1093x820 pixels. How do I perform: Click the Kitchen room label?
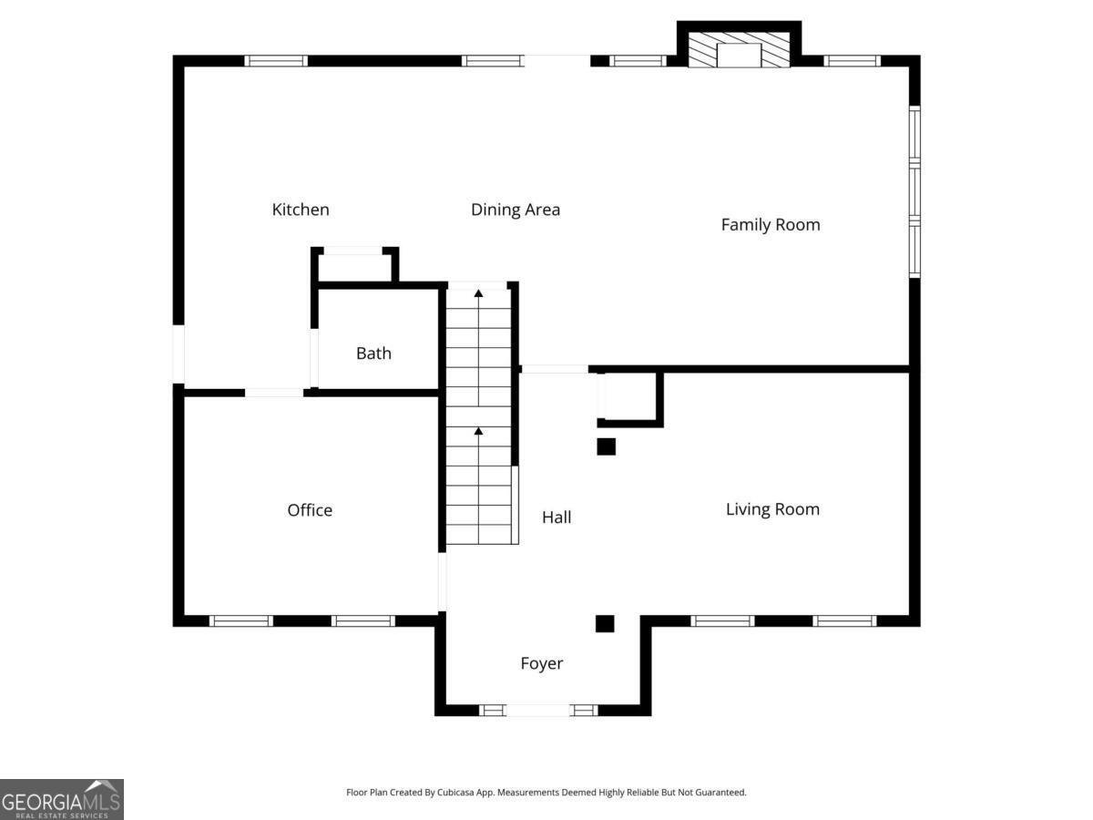(x=301, y=210)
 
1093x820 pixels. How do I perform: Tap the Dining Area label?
(x=516, y=210)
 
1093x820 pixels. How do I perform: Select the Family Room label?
(x=771, y=225)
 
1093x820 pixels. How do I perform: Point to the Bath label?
(x=373, y=354)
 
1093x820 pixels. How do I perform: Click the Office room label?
(x=310, y=510)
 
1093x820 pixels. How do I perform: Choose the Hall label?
(x=557, y=518)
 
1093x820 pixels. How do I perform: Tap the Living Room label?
(x=772, y=509)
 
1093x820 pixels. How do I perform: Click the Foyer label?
(x=542, y=663)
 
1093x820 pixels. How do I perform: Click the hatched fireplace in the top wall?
(x=739, y=50)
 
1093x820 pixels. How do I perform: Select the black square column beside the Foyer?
(x=605, y=624)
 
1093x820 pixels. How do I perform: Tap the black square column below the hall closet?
(x=606, y=446)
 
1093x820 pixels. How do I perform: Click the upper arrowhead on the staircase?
(x=478, y=293)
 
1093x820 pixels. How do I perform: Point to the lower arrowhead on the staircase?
(x=478, y=431)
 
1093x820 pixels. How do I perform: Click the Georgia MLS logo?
(x=62, y=799)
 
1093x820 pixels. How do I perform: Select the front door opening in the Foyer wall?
(x=537, y=710)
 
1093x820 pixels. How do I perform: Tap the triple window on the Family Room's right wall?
(x=914, y=191)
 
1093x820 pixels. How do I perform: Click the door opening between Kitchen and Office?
(x=274, y=393)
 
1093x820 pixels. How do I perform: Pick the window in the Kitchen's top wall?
(x=276, y=61)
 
